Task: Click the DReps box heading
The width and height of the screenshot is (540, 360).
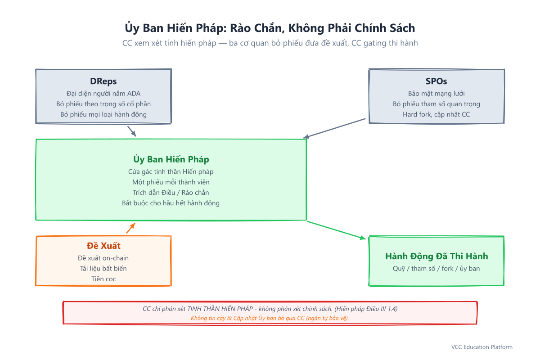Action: (x=103, y=81)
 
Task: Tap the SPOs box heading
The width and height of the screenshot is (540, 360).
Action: (x=436, y=81)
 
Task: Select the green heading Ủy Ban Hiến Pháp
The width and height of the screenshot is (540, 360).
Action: (x=171, y=159)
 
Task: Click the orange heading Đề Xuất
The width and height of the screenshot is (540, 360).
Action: (x=103, y=245)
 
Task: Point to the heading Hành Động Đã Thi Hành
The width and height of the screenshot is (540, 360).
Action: (x=436, y=256)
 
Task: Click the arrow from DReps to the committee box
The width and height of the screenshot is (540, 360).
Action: (x=132, y=131)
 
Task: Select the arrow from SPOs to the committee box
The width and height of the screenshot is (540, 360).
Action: (x=334, y=128)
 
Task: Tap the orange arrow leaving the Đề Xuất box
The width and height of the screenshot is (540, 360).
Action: (x=130, y=228)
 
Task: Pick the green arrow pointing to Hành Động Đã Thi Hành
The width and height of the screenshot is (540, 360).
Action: (x=336, y=230)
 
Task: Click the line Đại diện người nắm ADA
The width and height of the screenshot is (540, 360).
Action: (x=103, y=94)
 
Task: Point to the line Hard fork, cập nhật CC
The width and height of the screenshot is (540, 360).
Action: (x=436, y=114)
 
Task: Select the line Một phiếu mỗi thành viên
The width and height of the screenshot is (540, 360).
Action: (x=171, y=182)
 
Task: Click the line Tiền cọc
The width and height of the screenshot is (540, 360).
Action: (x=103, y=279)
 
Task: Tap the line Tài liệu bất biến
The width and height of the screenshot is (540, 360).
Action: (x=103, y=268)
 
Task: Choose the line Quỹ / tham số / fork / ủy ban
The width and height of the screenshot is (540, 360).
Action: (x=436, y=269)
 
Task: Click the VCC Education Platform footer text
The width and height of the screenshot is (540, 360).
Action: (x=481, y=347)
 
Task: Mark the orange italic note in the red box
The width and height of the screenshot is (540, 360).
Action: (x=270, y=318)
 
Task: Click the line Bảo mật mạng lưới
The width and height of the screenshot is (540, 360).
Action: (x=436, y=94)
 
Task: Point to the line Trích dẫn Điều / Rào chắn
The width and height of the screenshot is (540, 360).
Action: (x=171, y=193)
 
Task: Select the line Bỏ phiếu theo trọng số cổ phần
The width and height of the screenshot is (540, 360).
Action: (x=103, y=104)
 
